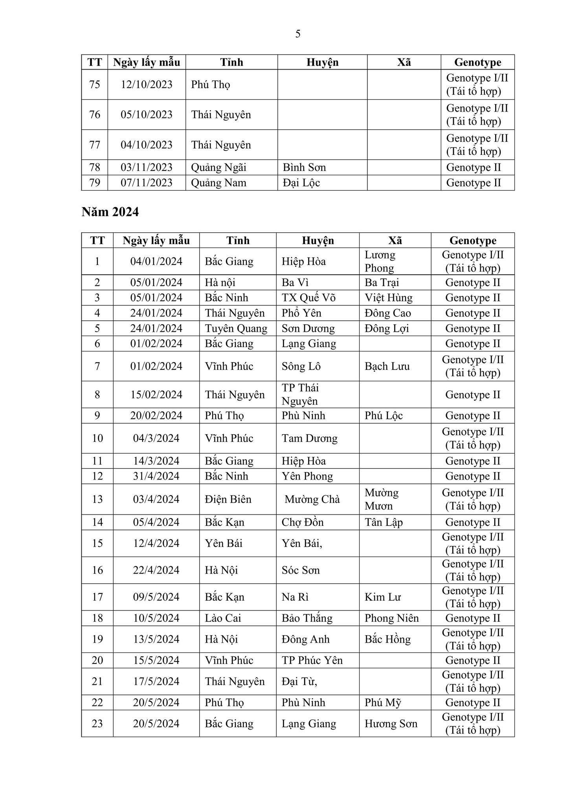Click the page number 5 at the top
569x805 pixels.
tap(298, 34)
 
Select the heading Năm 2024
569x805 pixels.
tap(110, 212)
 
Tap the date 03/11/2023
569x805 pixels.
tap(147, 167)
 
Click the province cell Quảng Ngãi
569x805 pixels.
tap(218, 167)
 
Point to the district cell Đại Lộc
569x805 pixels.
tap(301, 183)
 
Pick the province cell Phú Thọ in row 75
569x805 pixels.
tap(211, 85)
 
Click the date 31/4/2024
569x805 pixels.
tap(156, 476)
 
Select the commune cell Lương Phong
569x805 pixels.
tap(380, 261)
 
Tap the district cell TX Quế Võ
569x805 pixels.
tap(308, 298)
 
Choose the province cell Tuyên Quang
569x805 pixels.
tap(236, 328)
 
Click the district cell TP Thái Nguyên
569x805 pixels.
tap(300, 394)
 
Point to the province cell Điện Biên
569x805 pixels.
tap(228, 499)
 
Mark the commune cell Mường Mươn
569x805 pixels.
tap(381, 499)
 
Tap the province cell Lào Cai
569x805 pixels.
tap(223, 618)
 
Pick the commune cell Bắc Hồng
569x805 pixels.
tap(387, 639)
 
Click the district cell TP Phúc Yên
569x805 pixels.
tap(312, 660)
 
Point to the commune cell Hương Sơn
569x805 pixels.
tap(391, 724)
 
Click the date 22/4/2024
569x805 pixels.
tap(156, 570)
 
